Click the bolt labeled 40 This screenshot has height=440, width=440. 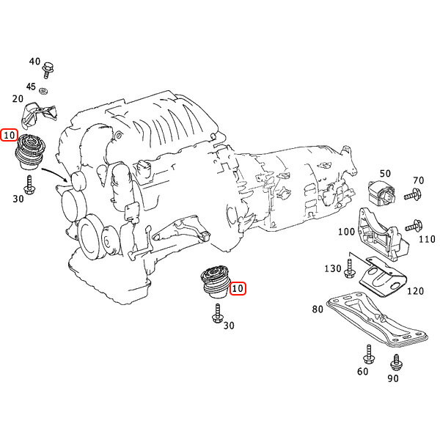[48, 70]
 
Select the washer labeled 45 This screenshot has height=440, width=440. [43, 91]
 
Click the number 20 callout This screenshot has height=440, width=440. [18, 99]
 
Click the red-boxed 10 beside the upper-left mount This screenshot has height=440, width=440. [9, 135]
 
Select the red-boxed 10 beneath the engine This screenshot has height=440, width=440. [238, 288]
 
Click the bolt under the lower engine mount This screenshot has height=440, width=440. [218, 313]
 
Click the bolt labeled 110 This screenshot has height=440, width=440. [414, 226]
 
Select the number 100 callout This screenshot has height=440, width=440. [346, 232]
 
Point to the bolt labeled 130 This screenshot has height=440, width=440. [350, 269]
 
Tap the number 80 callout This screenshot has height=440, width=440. [318, 309]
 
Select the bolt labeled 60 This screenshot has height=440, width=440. [368, 354]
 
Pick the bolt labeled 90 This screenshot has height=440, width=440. [396, 362]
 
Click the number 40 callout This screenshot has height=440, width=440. [34, 61]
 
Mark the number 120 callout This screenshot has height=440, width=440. [415, 291]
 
